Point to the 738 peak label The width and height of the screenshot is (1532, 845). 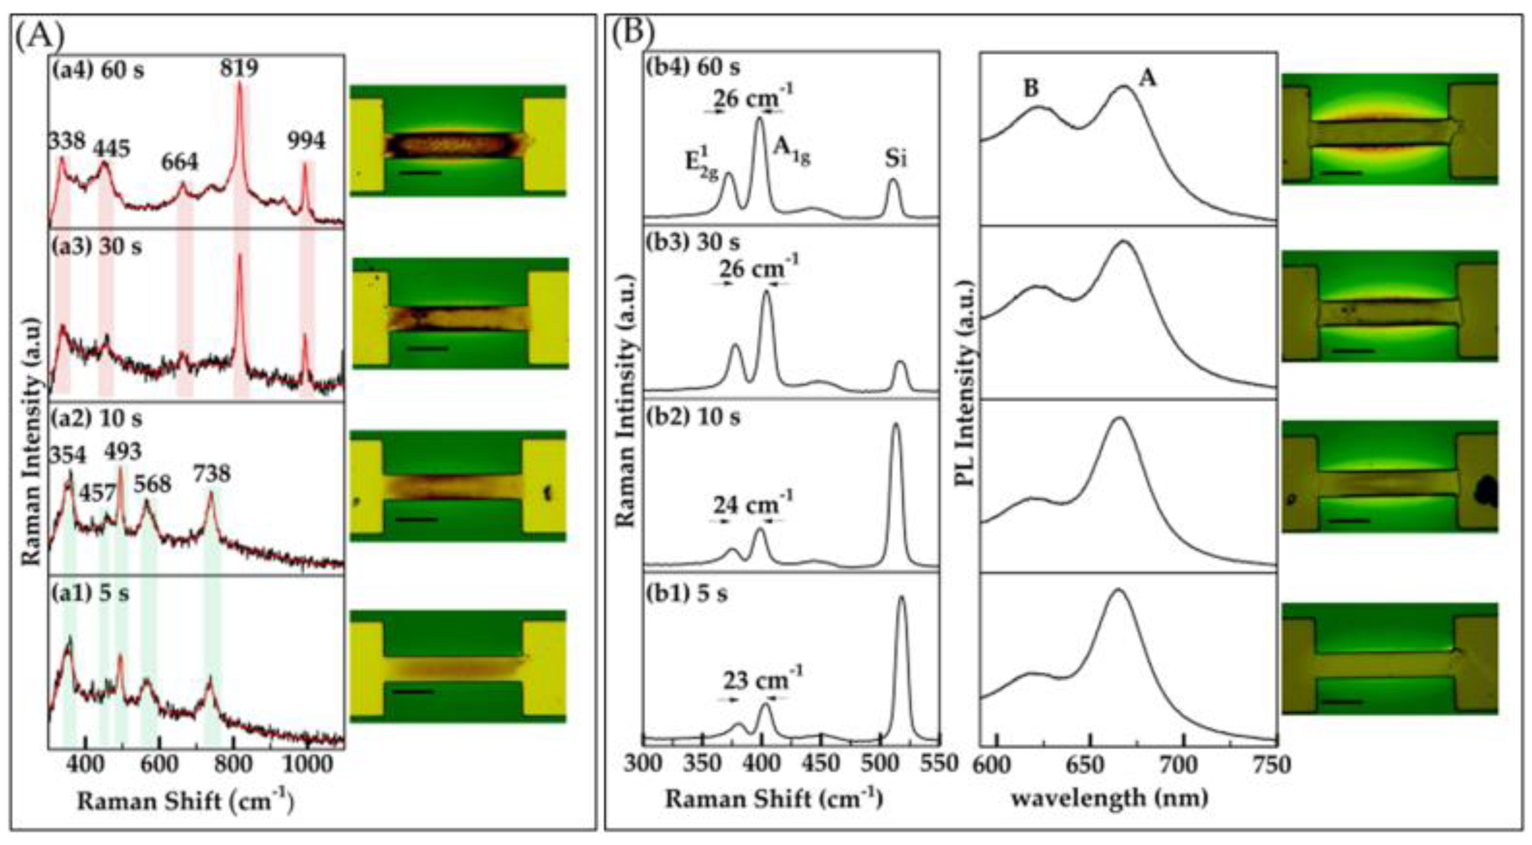(x=211, y=474)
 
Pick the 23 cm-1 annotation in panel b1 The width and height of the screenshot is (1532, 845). (x=762, y=680)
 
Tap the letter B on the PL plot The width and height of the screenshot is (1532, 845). (x=1031, y=88)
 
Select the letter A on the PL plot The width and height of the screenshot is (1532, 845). (x=1147, y=78)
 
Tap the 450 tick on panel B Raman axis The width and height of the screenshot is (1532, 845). (x=821, y=763)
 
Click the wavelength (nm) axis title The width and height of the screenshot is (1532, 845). (x=1110, y=799)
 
